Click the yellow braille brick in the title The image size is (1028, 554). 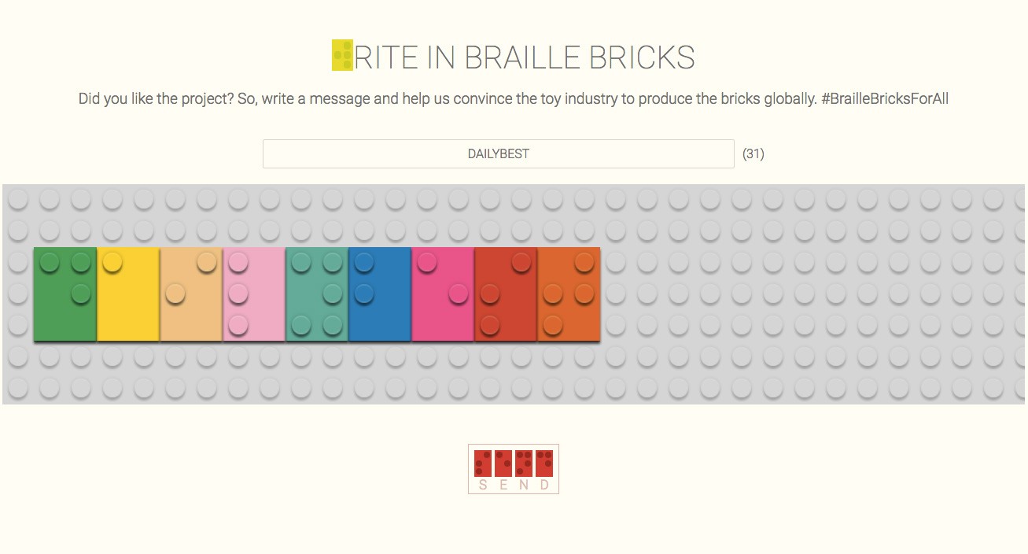pos(342,55)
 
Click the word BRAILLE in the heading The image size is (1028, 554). pos(521,57)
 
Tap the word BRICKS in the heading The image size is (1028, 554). pos(642,57)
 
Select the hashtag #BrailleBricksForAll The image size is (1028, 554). pos(885,98)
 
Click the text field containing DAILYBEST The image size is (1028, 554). pos(499,153)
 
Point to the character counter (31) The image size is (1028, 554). pos(753,153)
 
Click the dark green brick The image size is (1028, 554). pos(65,294)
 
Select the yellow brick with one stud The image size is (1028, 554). pos(128,294)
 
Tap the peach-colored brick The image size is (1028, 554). pos(191,294)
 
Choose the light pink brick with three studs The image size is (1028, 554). pos(254,294)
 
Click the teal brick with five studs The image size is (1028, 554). pos(317,294)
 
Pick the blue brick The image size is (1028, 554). pos(380,294)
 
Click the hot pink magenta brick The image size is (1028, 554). pos(443,294)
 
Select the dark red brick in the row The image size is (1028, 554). pos(506,294)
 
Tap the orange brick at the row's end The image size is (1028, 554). pos(569,294)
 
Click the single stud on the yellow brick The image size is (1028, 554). pos(112,263)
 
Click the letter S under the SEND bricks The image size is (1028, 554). pos(483,485)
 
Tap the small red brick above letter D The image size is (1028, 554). pos(544,464)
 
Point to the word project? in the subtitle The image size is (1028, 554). pos(208,99)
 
